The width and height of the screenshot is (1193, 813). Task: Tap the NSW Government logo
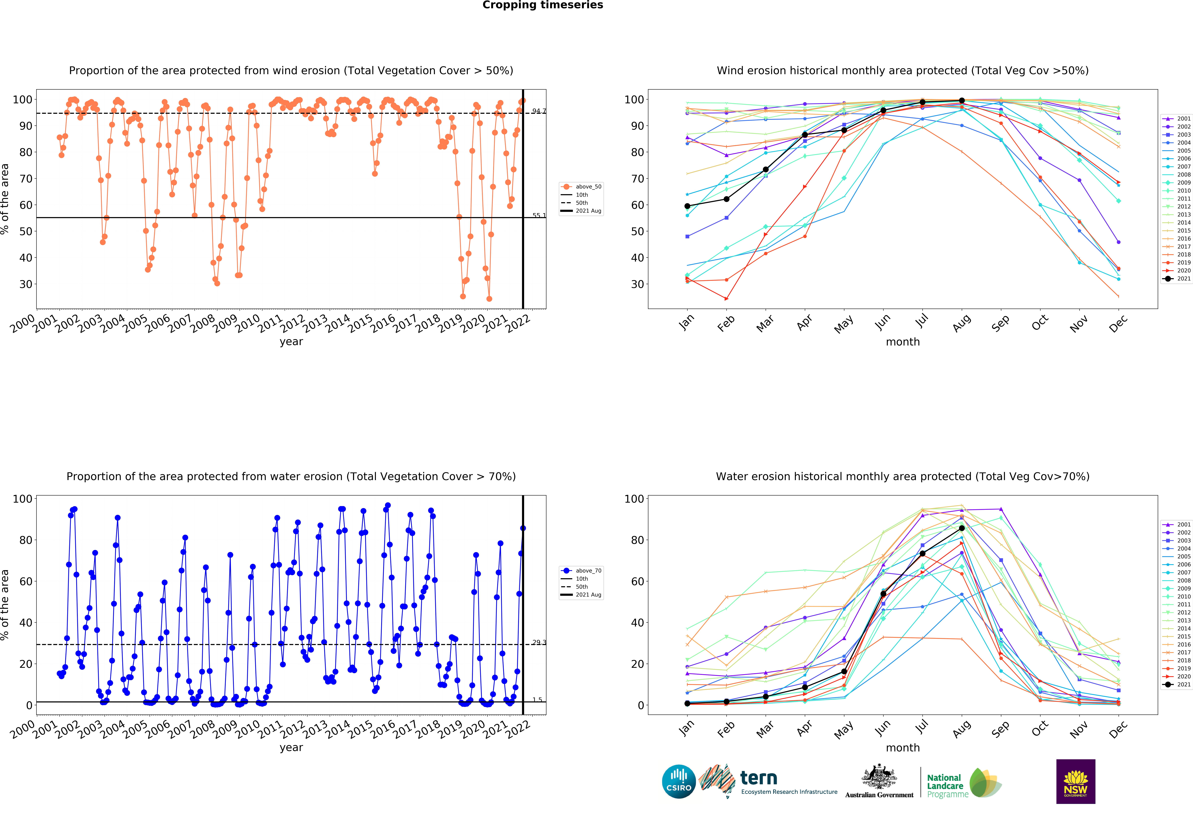(1075, 781)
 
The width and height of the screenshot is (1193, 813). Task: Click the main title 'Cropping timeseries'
(543, 5)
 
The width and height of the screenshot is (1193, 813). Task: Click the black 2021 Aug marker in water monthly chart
(961, 528)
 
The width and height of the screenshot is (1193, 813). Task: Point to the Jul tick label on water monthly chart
(922, 727)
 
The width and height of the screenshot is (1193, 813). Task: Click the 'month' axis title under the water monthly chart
(902, 748)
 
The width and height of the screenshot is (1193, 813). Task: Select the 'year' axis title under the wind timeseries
(291, 342)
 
